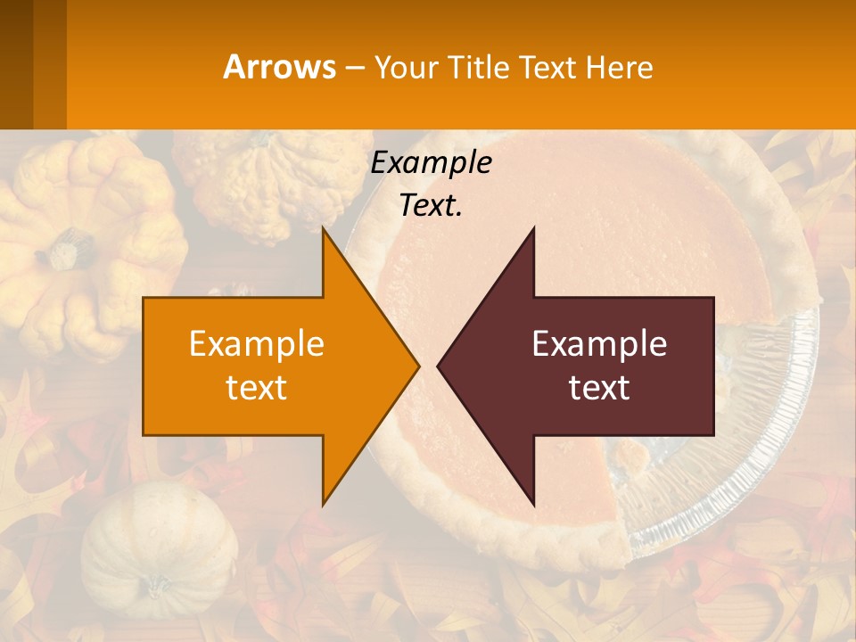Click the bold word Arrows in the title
tap(280, 67)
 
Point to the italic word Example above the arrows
tap(431, 162)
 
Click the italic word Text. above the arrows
tap(431, 206)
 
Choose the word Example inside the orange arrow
tap(257, 343)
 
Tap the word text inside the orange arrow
tap(257, 387)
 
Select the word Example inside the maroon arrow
tap(599, 343)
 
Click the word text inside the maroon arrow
tap(599, 387)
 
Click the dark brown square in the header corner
tap(16, 64)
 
